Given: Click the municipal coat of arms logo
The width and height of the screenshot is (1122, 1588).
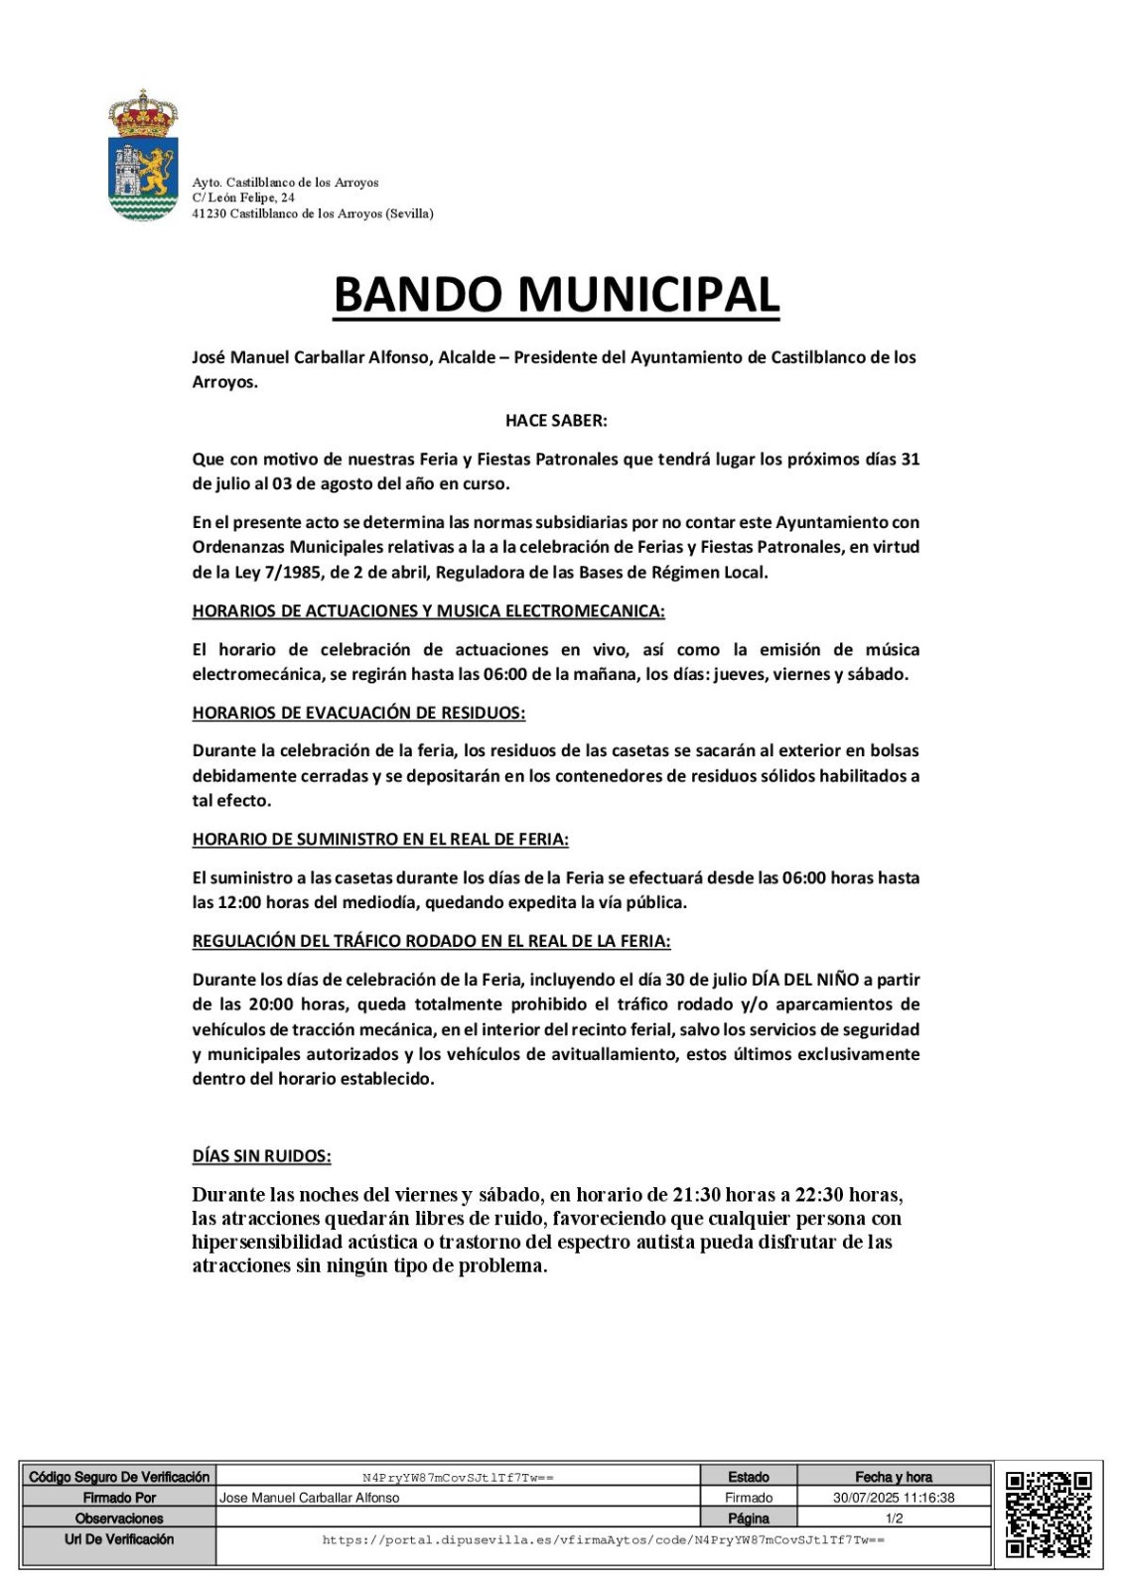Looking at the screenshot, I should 143,156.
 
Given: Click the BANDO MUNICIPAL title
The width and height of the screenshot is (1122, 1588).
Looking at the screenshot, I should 556,295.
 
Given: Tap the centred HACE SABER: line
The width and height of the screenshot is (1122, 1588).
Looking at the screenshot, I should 556,420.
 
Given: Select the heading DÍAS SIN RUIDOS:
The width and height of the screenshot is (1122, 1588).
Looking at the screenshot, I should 261,1156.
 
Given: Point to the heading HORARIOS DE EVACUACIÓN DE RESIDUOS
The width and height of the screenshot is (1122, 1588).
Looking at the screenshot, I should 358,713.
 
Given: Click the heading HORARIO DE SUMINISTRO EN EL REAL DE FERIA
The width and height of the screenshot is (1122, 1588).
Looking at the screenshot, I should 380,840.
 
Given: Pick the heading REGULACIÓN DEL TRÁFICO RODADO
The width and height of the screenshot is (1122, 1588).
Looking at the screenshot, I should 431,941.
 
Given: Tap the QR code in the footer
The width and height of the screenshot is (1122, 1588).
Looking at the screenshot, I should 1049,1515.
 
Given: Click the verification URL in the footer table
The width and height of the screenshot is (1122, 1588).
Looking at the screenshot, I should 604,1540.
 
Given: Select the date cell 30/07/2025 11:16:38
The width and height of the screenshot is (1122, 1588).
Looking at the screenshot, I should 894,1498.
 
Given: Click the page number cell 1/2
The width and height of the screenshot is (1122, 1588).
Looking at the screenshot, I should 894,1519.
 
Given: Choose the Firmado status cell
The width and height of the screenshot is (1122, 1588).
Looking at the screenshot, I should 749,1498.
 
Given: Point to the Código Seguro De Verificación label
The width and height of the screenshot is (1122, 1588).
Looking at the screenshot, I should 119,1477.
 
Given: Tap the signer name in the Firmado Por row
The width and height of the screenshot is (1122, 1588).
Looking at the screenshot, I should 310,1498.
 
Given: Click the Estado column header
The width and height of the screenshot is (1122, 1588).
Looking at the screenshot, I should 749,1477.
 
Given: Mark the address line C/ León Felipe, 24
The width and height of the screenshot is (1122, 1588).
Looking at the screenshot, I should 243,198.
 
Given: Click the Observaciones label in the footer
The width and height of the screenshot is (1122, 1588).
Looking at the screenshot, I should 119,1519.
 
